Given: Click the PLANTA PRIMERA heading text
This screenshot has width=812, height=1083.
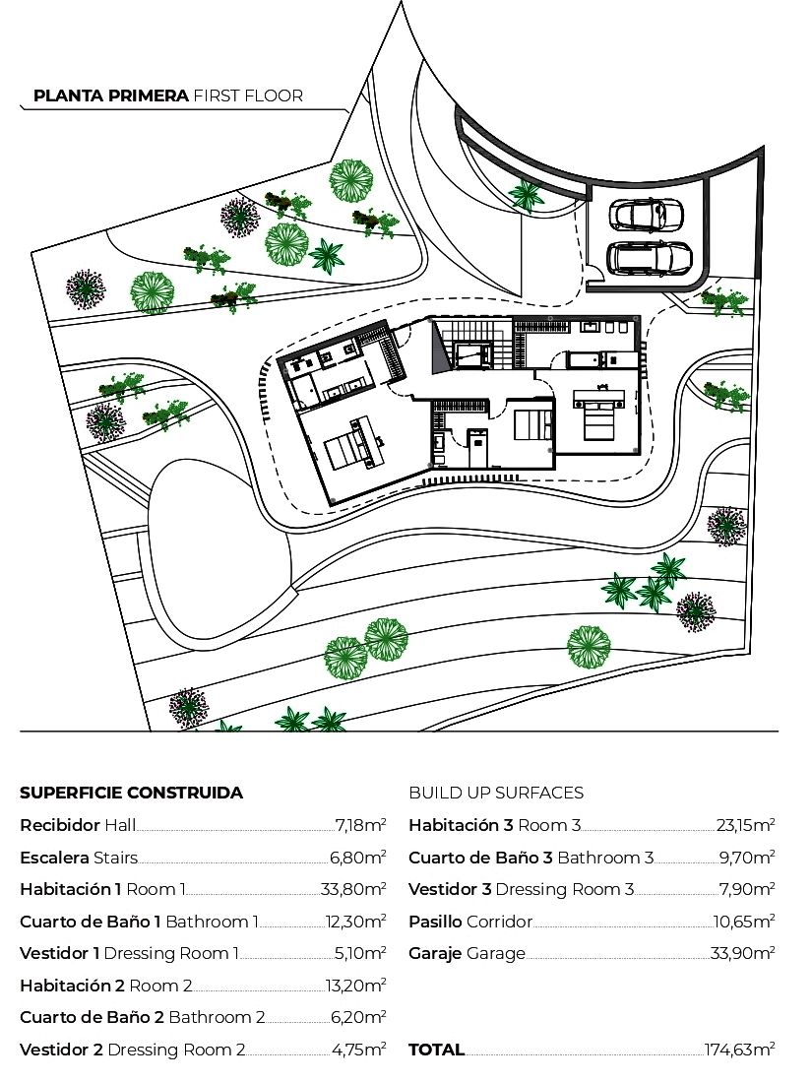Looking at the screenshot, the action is (x=110, y=96).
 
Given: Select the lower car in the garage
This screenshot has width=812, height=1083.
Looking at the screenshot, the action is (x=649, y=257).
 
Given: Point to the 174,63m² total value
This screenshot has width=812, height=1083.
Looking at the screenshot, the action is (x=739, y=1050).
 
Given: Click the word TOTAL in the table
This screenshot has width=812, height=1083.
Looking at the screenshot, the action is (x=436, y=1050).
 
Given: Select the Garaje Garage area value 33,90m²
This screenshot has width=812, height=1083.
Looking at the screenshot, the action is (x=743, y=953).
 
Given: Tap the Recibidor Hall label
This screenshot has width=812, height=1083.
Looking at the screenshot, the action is (x=78, y=825).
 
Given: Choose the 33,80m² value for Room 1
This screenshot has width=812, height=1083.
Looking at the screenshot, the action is (x=353, y=889).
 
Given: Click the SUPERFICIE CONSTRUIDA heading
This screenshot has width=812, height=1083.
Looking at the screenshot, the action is (x=131, y=793).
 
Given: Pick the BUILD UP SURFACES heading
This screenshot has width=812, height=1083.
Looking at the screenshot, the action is (x=496, y=793).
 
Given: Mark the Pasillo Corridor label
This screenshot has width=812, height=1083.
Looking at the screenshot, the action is (x=470, y=922).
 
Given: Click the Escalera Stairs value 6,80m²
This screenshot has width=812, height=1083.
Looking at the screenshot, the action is (x=357, y=858).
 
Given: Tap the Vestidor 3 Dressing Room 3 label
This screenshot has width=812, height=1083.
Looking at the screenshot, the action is (x=522, y=889).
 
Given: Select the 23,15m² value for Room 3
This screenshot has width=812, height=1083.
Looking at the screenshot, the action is (x=746, y=825).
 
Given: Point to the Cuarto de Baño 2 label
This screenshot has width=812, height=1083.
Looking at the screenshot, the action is (x=143, y=1017).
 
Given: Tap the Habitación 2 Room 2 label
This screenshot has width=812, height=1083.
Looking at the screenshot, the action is (x=106, y=986).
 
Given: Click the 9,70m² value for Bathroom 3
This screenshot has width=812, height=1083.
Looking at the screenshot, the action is (x=747, y=858).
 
